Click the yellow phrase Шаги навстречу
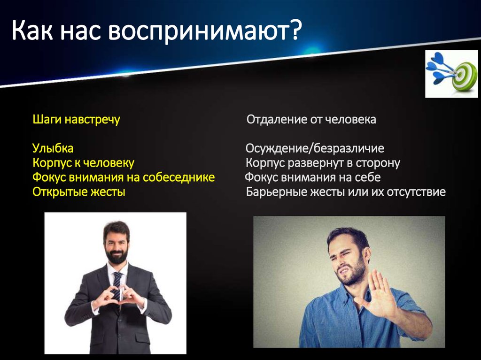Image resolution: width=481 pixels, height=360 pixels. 76,120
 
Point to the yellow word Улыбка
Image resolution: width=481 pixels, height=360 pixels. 53,149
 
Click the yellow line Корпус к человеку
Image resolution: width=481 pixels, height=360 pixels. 83,163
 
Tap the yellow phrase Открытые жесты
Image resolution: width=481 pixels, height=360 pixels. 78,192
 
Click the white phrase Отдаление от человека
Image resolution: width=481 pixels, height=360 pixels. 311,120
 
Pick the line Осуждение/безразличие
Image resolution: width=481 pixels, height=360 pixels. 314,149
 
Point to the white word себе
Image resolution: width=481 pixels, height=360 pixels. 368,178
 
